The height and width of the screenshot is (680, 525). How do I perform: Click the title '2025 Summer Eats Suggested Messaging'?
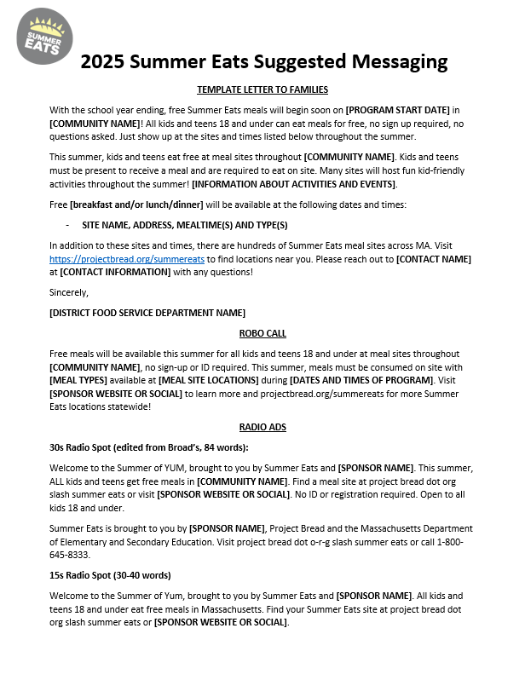[x=263, y=61]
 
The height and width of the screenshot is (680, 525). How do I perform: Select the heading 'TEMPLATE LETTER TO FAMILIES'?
[x=262, y=89]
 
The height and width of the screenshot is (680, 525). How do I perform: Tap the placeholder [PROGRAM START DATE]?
[x=397, y=110]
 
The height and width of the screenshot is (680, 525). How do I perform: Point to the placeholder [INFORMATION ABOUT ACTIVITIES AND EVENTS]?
[x=294, y=184]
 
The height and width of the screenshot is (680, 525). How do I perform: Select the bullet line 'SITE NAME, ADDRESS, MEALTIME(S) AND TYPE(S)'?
[x=184, y=225]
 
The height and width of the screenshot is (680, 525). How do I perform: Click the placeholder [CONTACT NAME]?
[x=433, y=258]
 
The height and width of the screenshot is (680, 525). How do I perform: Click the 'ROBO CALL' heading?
[x=262, y=333]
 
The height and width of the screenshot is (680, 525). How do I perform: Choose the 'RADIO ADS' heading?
[x=262, y=427]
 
